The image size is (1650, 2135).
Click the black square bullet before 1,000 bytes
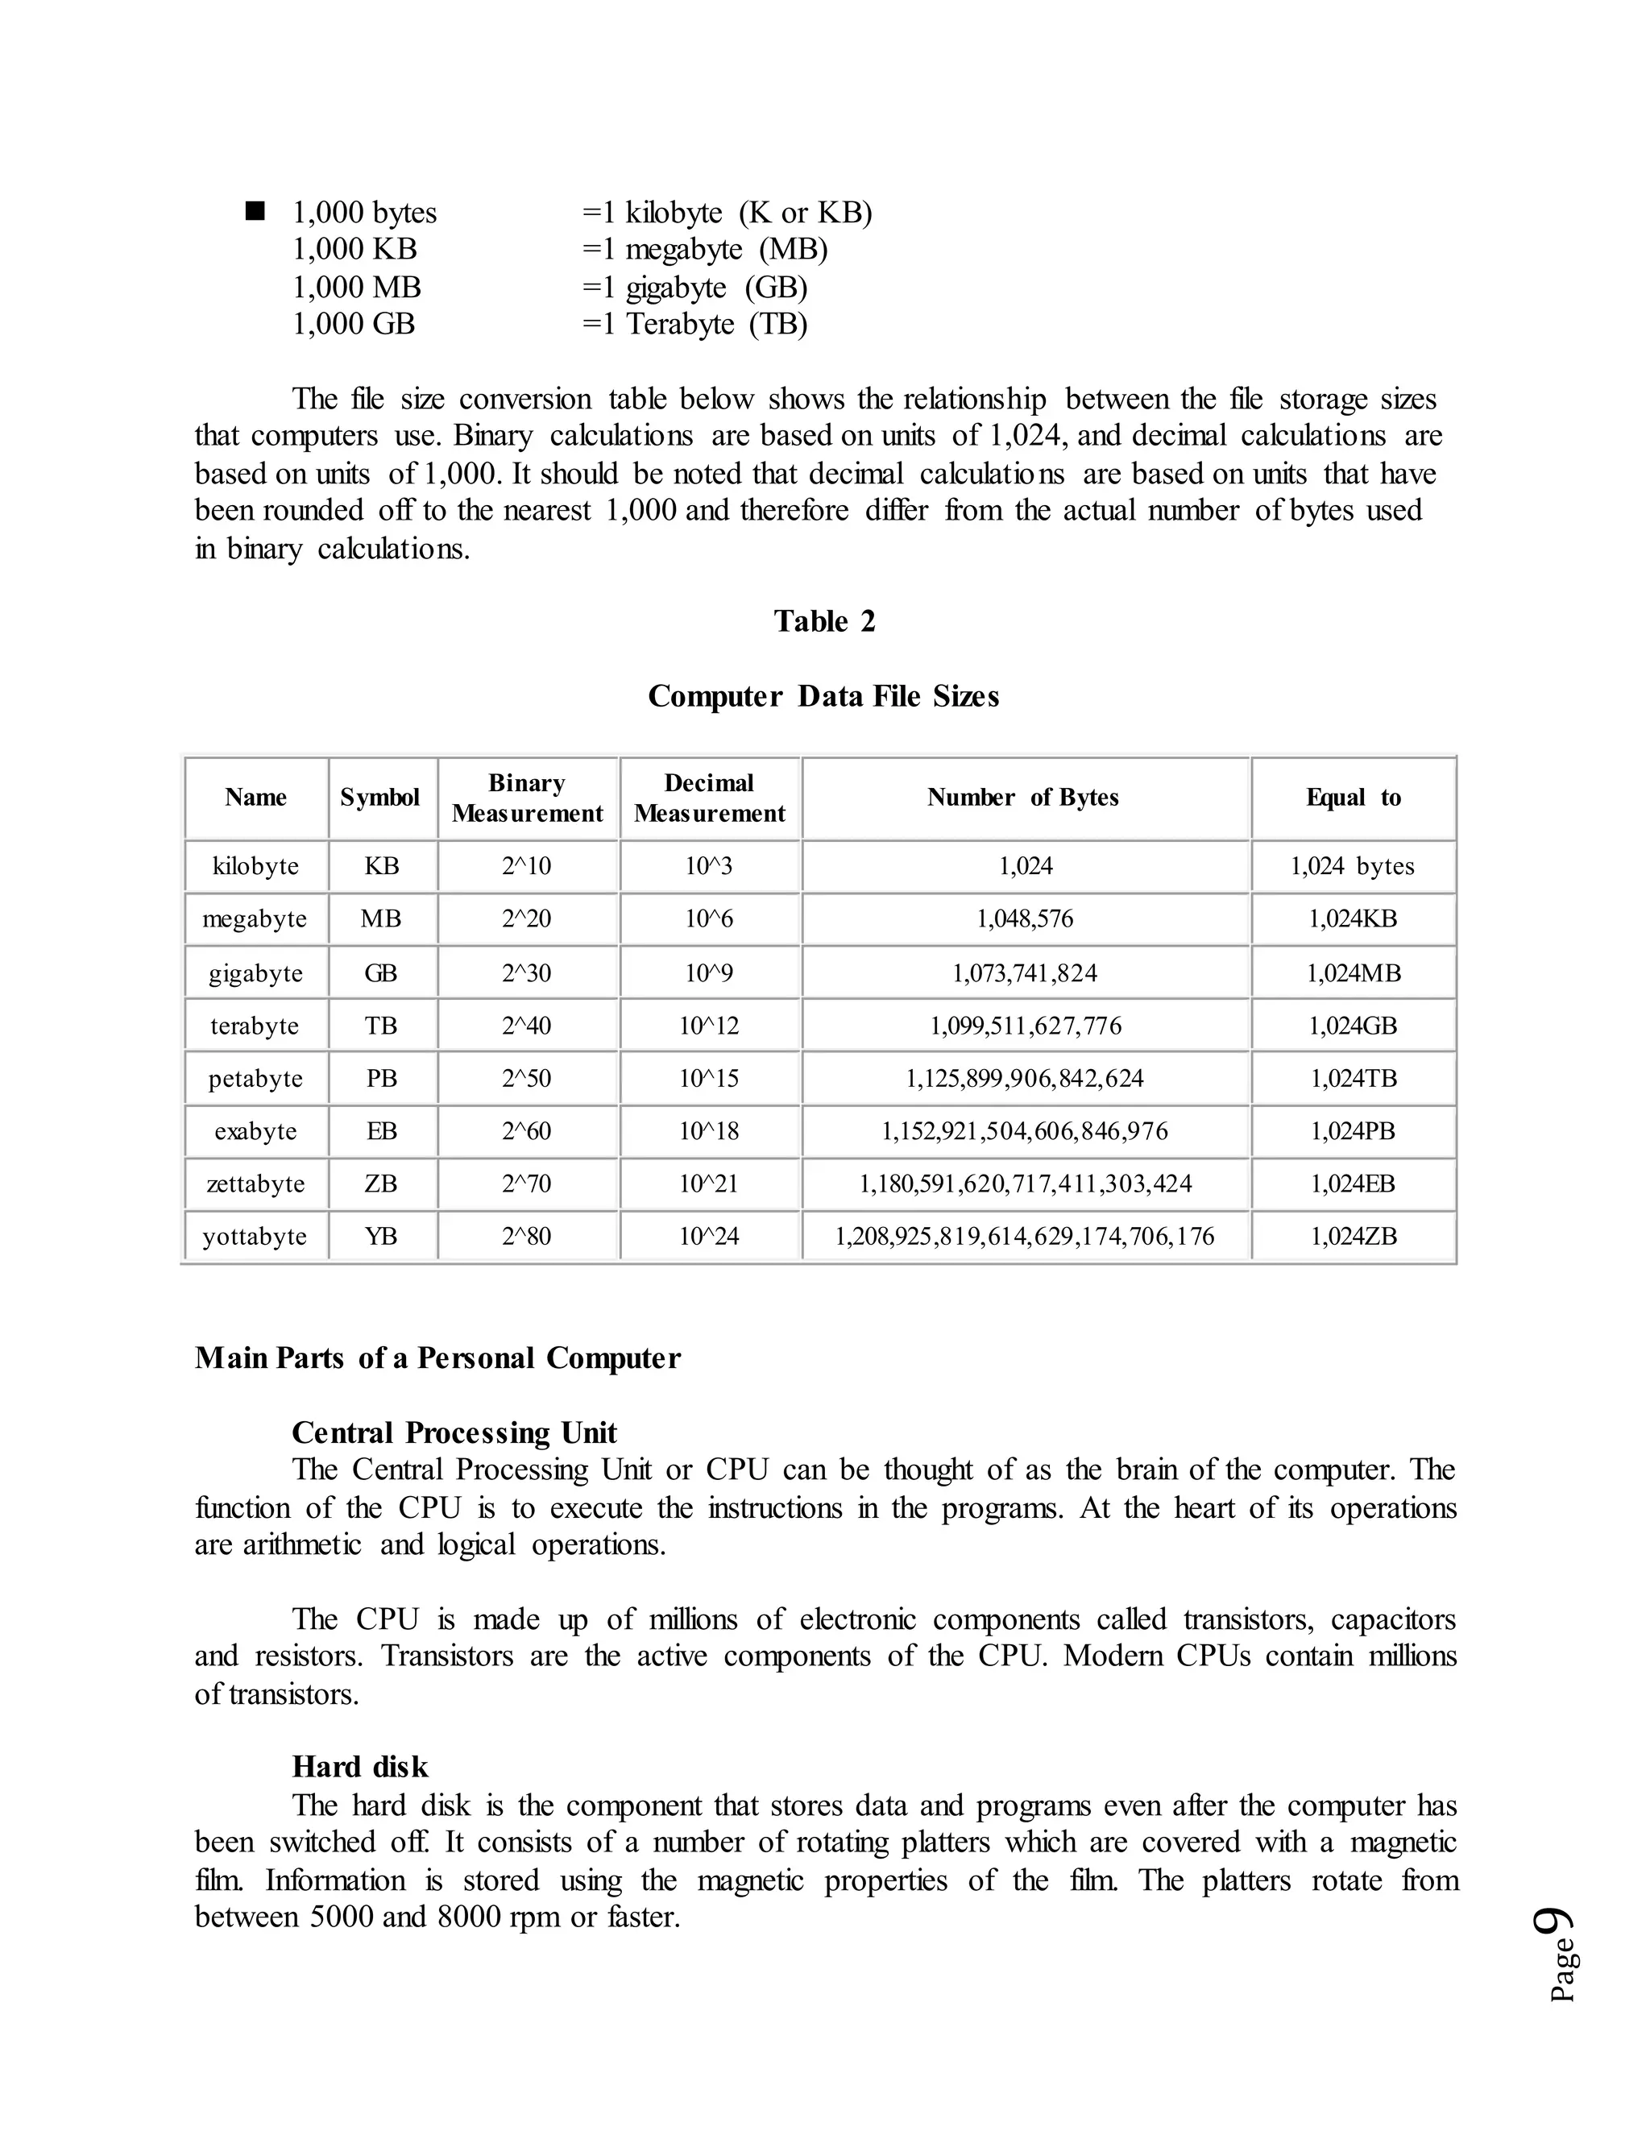tap(256, 211)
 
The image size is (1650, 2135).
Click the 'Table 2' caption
tap(824, 620)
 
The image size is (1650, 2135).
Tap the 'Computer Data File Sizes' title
tap(823, 696)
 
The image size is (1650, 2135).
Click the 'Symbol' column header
tap(380, 798)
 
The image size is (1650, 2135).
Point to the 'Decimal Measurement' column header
tap(709, 798)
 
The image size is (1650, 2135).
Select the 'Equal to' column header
tap(1353, 798)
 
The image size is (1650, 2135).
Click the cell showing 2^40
tap(526, 1026)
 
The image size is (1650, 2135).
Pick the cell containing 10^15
tap(709, 1078)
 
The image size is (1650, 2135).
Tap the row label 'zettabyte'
tap(255, 1184)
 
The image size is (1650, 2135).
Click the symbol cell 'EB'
tap(381, 1131)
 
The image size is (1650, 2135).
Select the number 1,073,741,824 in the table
tap(1025, 972)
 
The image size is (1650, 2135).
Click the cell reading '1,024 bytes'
tap(1352, 866)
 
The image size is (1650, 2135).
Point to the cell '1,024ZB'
tap(1353, 1237)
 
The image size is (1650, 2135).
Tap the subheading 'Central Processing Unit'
tap(454, 1432)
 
